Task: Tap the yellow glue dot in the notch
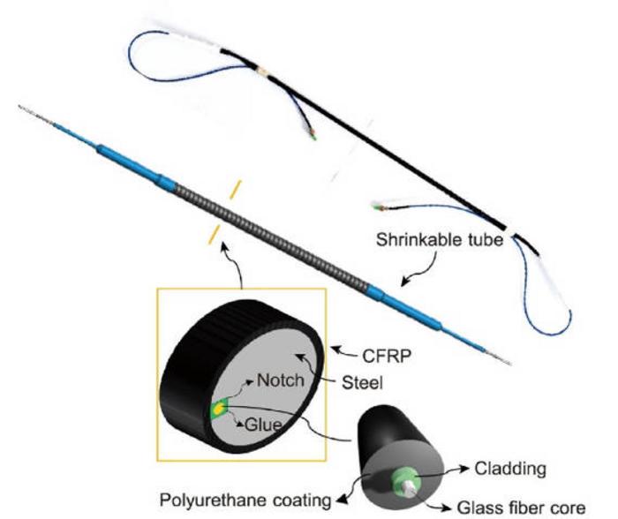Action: [x=217, y=409]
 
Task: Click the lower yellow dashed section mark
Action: [x=212, y=235]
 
